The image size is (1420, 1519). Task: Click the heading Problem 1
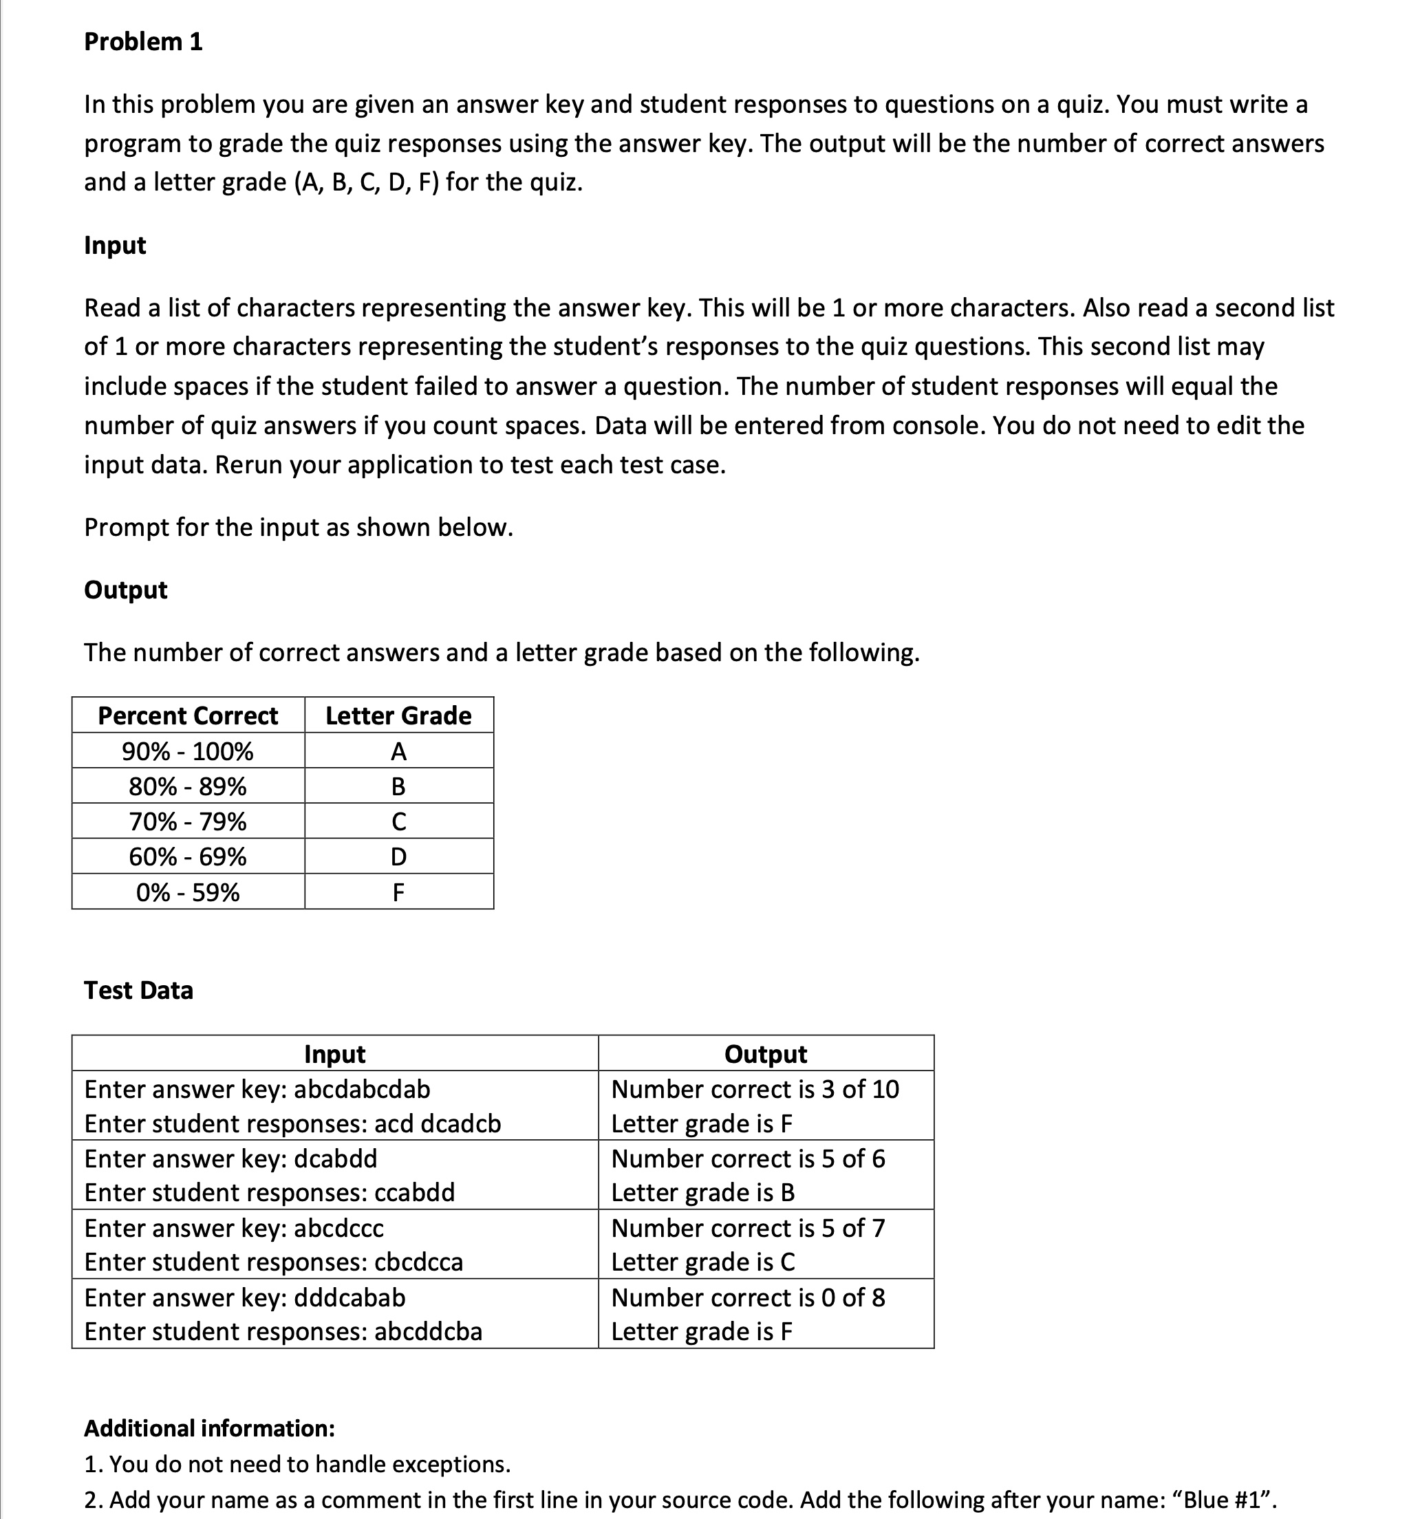(143, 41)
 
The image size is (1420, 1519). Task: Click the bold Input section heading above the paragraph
(115, 246)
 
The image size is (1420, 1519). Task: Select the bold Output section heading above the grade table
(125, 590)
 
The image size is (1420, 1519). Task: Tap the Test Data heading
(138, 990)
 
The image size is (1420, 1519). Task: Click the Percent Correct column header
(188, 716)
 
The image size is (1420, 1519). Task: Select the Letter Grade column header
(398, 716)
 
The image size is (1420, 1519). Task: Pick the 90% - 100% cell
(188, 752)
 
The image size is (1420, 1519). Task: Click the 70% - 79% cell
(188, 822)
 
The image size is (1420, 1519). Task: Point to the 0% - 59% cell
(188, 892)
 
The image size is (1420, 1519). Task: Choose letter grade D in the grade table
(398, 857)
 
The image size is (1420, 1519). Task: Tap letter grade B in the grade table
(398, 787)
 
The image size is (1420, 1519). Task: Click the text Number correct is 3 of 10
(755, 1090)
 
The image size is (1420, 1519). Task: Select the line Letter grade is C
(703, 1262)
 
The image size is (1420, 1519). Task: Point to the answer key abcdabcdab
(363, 1090)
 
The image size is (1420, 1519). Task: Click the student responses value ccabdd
(414, 1193)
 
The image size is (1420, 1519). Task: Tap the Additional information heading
(209, 1429)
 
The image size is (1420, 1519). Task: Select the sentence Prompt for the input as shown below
(298, 528)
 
